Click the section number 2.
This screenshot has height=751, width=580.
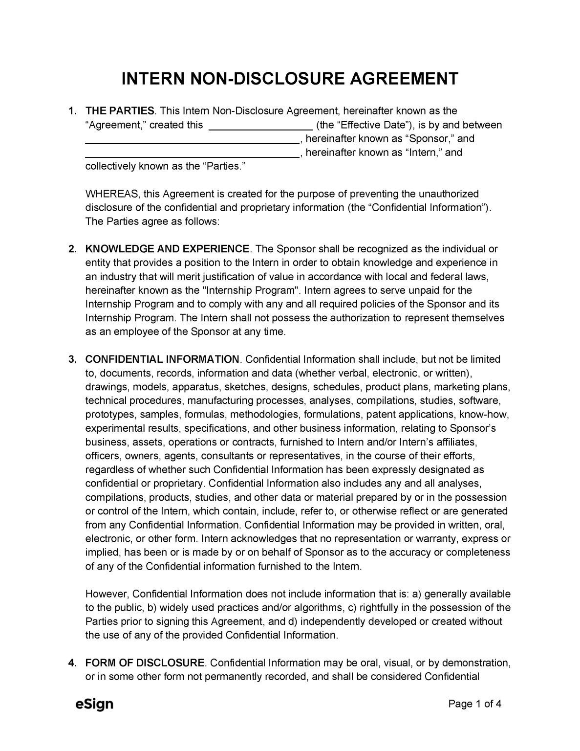pyautogui.click(x=72, y=249)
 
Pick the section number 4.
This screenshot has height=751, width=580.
pyautogui.click(x=72, y=663)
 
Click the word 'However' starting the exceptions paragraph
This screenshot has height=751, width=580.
pyautogui.click(x=106, y=594)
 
